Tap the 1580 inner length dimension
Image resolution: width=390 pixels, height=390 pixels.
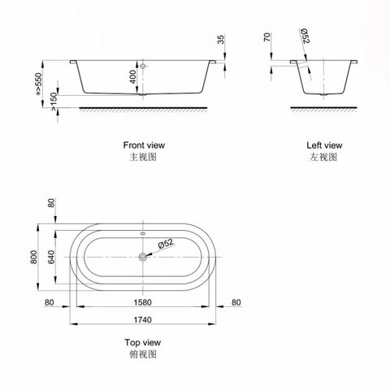142,301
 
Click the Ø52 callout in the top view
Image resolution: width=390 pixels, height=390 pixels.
164,243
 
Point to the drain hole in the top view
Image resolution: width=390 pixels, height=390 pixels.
142,258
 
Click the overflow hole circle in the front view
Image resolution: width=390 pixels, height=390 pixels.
142,65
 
